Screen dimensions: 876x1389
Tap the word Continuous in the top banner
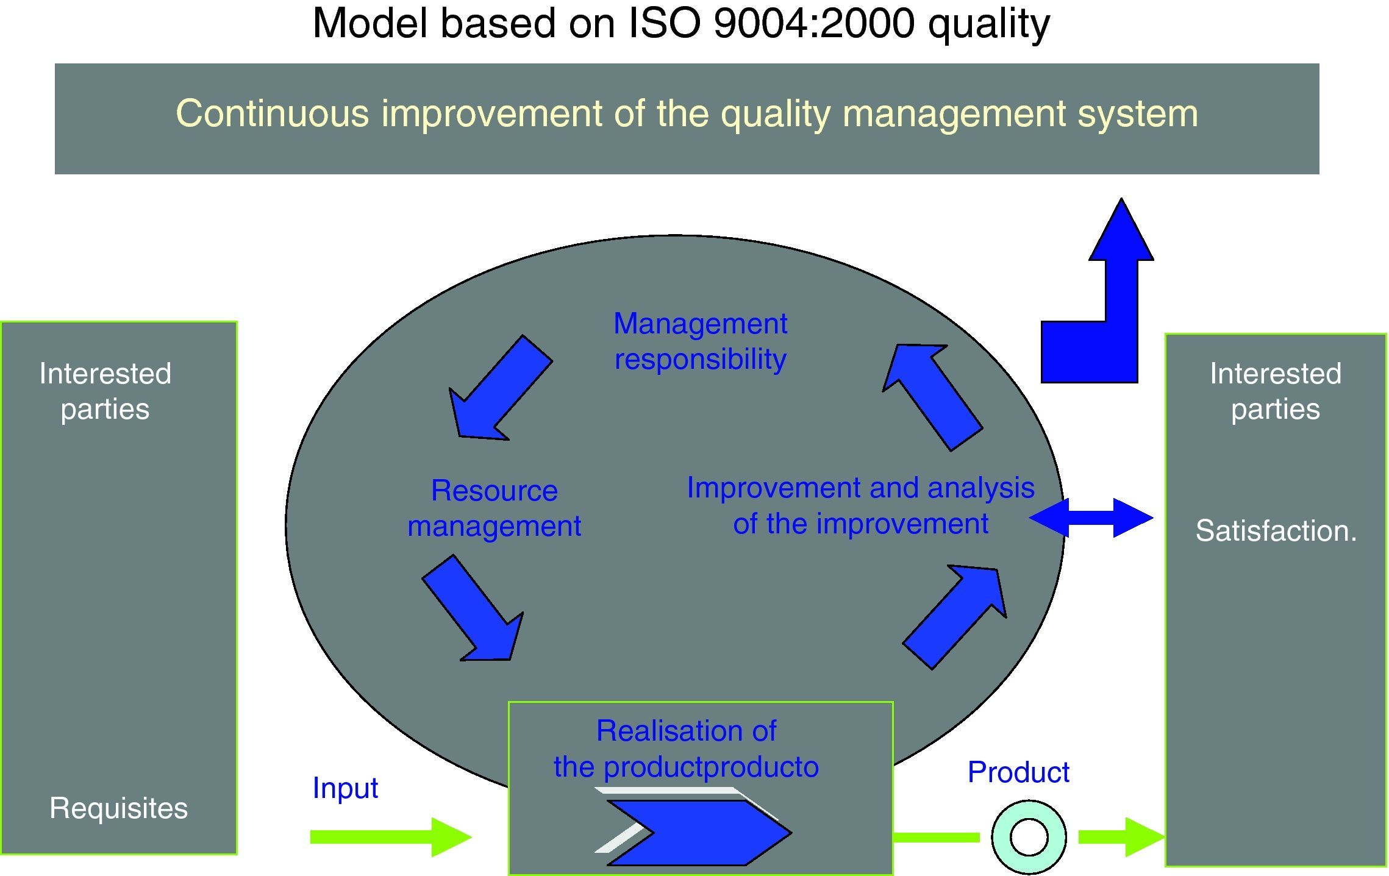click(272, 114)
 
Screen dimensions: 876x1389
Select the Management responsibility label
click(700, 341)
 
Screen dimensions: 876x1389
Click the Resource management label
click(494, 508)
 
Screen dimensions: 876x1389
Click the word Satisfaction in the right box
click(1275, 531)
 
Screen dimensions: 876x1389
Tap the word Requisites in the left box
click(118, 808)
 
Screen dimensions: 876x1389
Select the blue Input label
click(345, 788)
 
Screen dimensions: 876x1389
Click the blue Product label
click(1018, 772)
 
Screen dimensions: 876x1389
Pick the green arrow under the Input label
click(390, 837)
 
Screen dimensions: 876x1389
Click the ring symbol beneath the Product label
click(1029, 837)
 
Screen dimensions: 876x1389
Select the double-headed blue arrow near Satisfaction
click(1091, 518)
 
